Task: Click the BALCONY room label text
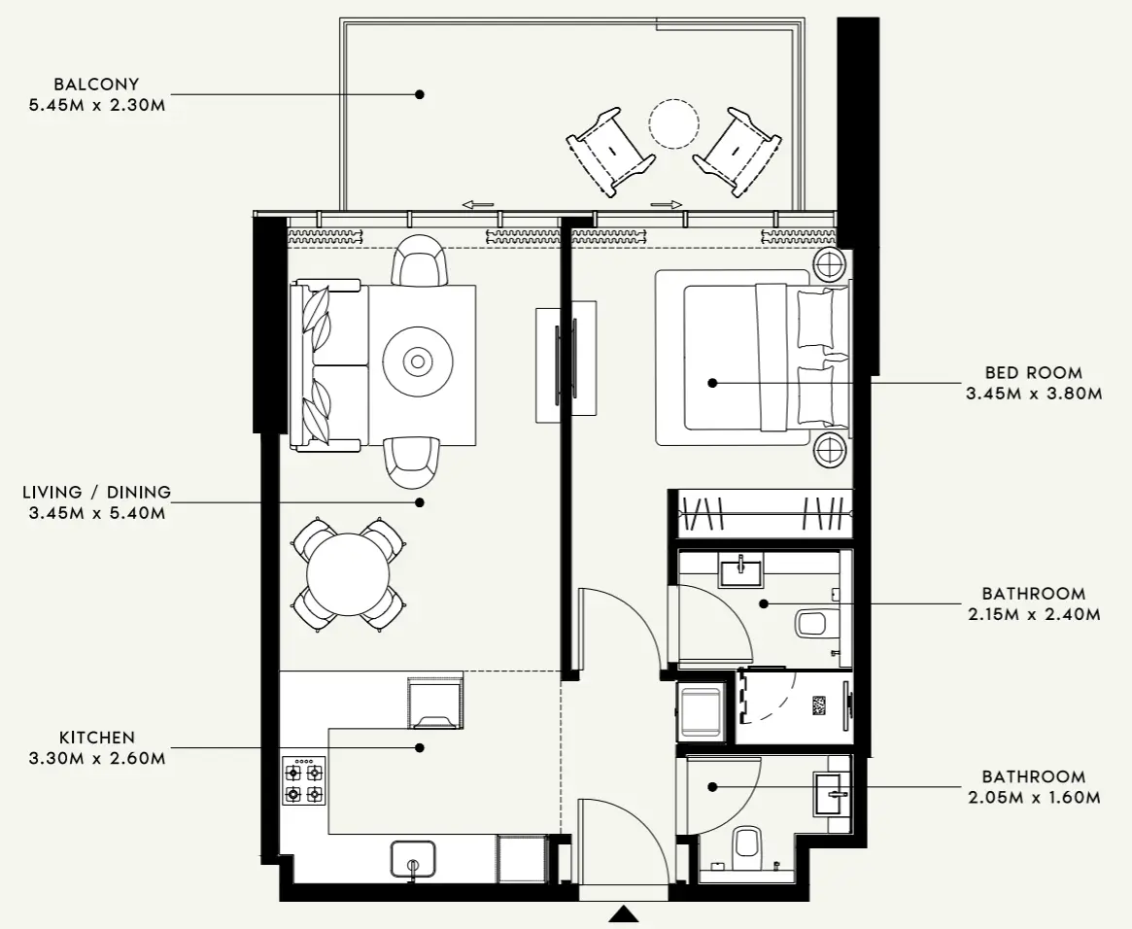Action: [x=97, y=85]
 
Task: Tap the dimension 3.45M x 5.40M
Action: [x=97, y=512]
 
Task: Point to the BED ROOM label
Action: [x=1033, y=373]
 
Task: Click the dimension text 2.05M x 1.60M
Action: [x=1033, y=798]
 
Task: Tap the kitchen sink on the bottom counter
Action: [x=413, y=861]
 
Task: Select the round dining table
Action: [x=348, y=574]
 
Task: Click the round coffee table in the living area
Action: [x=418, y=362]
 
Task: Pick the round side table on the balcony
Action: [x=673, y=124]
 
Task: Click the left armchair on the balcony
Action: [x=610, y=152]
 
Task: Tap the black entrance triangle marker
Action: [x=624, y=913]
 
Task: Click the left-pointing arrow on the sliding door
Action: [x=478, y=204]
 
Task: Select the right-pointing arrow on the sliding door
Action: [x=666, y=204]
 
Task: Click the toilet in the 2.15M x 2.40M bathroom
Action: [x=811, y=623]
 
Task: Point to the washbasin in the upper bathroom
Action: [x=741, y=569]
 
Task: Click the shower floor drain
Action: [x=819, y=705]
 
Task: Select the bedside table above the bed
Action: [x=831, y=263]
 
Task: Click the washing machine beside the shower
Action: [x=701, y=711]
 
